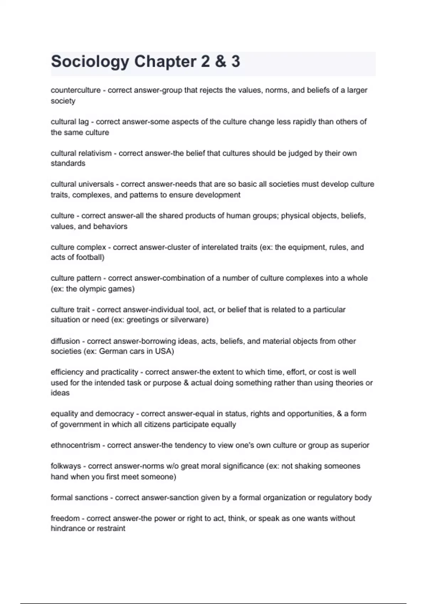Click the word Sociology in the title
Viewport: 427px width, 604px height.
pos(90,62)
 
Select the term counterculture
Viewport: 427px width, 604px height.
pos(75,90)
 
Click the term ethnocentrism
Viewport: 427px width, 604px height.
pos(75,445)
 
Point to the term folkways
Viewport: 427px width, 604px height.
pos(66,466)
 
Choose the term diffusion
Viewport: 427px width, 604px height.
pos(65,341)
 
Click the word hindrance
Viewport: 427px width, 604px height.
pos(68,528)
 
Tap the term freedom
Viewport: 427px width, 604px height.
pos(65,518)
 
